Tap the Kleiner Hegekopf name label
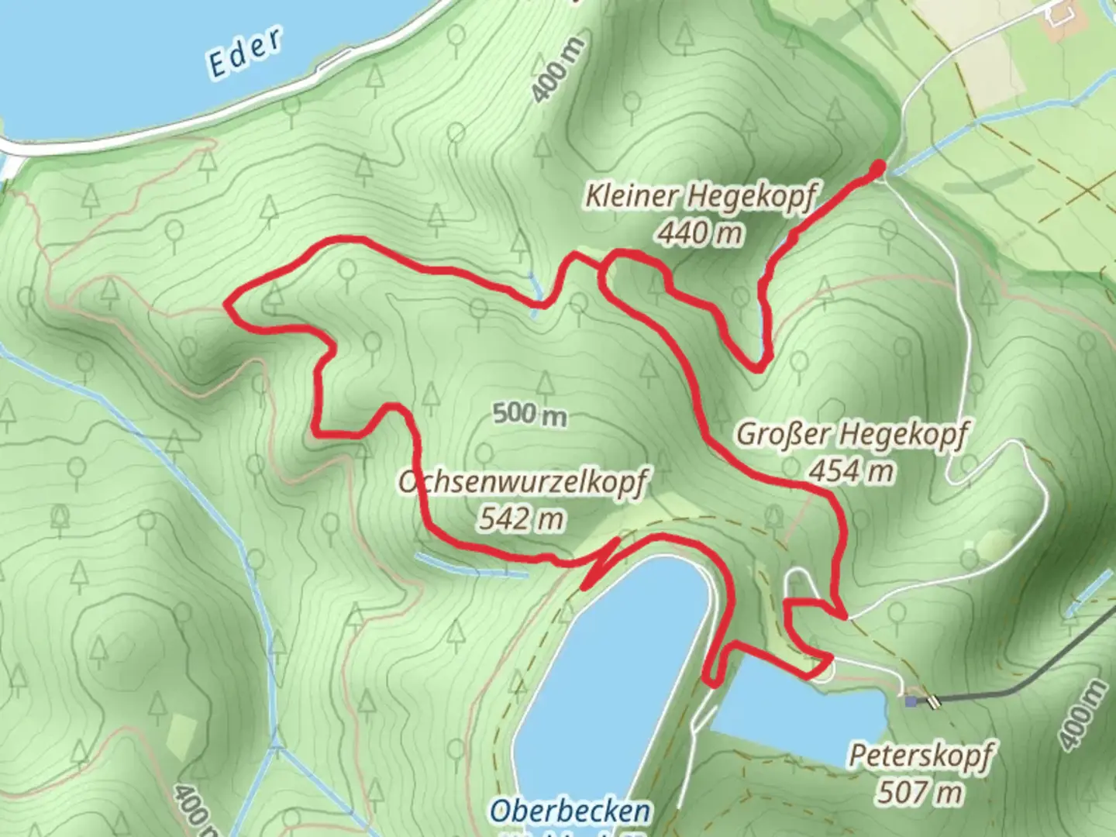tap(700, 197)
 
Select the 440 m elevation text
tap(700, 232)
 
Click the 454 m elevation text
tap(851, 470)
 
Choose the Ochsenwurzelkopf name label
tap(521, 482)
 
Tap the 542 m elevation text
tap(521, 518)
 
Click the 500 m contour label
tap(530, 415)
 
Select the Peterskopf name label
tap(920, 755)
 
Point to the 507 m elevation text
tap(920, 791)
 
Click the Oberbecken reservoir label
tap(569, 811)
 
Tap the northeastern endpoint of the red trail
tap(879, 165)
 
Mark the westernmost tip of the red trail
tap(227, 304)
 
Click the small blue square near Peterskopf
tap(910, 701)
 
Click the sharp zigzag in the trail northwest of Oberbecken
tap(601, 562)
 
